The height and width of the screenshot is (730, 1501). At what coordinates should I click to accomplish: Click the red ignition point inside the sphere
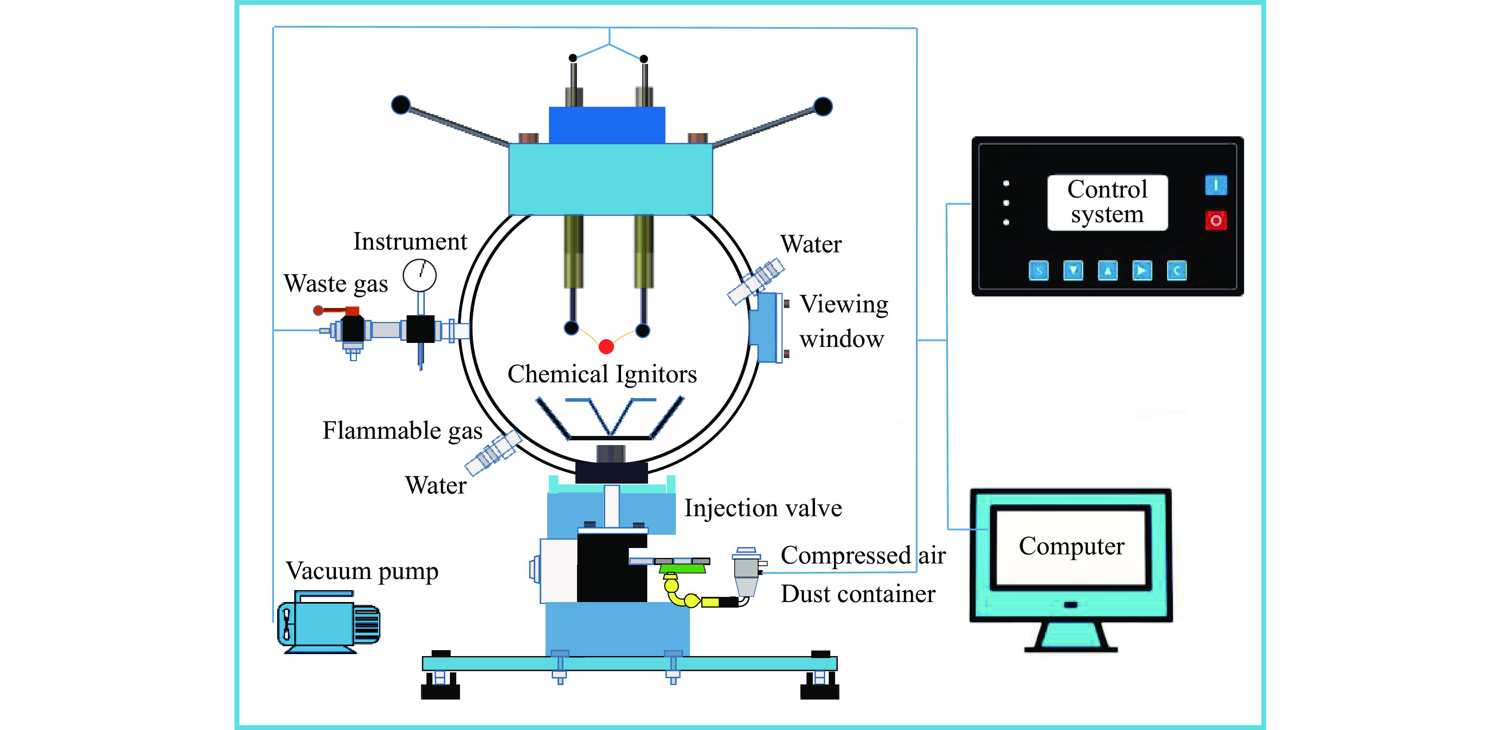pyautogui.click(x=606, y=347)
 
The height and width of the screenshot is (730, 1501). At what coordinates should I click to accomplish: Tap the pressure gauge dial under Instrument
pyautogui.click(x=420, y=275)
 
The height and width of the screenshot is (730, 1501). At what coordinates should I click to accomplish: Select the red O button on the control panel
pyautogui.click(x=1215, y=221)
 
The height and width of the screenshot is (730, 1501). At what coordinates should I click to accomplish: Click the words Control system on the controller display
pyautogui.click(x=1107, y=202)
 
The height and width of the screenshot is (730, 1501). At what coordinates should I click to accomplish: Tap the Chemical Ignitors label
pyautogui.click(x=602, y=374)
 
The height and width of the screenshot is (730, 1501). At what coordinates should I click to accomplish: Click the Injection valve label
pyautogui.click(x=763, y=508)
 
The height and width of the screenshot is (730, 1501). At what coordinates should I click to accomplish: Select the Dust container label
pyautogui.click(x=858, y=594)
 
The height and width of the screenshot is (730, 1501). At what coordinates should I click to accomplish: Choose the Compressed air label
pyautogui.click(x=863, y=556)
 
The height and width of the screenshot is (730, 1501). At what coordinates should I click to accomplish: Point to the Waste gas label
pyautogui.click(x=336, y=284)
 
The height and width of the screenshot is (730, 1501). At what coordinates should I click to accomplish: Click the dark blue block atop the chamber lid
pyautogui.click(x=607, y=125)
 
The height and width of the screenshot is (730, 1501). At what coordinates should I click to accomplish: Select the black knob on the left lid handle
pyautogui.click(x=401, y=105)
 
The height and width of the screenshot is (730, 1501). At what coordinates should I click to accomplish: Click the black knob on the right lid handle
pyautogui.click(x=823, y=107)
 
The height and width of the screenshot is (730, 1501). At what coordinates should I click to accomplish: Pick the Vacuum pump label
pyautogui.click(x=362, y=571)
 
